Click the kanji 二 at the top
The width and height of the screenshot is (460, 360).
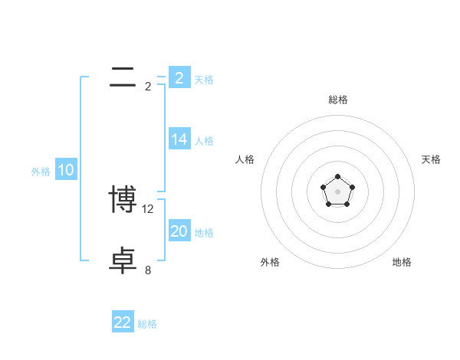click(x=123, y=77)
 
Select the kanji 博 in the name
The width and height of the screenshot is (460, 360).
click(x=123, y=200)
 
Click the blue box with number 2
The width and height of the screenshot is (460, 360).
click(x=179, y=78)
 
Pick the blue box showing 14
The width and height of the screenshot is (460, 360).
click(x=179, y=139)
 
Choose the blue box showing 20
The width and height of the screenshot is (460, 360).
click(x=179, y=231)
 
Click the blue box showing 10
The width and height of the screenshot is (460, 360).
click(x=66, y=171)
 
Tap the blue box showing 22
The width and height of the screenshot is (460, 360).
click(x=123, y=322)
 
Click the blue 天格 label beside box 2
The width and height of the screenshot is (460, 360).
click(x=204, y=80)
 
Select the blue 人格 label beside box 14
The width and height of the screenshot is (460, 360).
click(x=204, y=141)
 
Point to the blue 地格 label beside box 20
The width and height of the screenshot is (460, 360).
click(x=204, y=233)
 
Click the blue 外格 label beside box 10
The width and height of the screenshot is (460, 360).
click(x=41, y=172)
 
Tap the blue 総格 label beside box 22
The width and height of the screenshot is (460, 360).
click(x=147, y=324)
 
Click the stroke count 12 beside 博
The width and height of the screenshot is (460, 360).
click(x=149, y=208)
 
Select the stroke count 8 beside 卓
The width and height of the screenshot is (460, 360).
click(x=148, y=270)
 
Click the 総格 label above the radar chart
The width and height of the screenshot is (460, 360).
click(x=338, y=100)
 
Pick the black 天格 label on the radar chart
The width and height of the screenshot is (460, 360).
click(x=432, y=159)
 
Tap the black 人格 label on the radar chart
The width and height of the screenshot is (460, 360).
click(x=245, y=159)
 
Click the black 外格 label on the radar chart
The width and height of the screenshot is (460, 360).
click(x=270, y=262)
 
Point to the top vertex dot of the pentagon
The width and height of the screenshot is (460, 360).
click(x=338, y=177)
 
